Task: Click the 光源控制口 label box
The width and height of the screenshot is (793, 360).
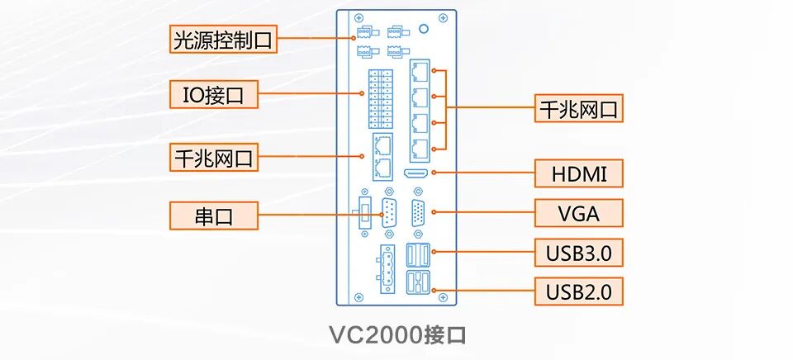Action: [222, 40]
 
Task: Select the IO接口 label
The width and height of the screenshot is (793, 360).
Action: [214, 94]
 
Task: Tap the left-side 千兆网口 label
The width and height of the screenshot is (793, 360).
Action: [214, 156]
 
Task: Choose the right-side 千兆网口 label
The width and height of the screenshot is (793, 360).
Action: [578, 109]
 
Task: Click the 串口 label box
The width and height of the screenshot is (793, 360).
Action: [214, 216]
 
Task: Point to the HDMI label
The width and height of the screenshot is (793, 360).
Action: [578, 173]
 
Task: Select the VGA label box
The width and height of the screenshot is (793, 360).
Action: [578, 213]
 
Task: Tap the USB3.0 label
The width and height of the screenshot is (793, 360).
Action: [578, 252]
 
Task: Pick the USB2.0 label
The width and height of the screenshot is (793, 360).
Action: [578, 291]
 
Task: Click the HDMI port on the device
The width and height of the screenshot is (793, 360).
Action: [415, 173]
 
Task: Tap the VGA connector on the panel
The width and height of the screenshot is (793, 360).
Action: [419, 212]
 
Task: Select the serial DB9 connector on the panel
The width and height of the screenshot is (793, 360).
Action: [388, 212]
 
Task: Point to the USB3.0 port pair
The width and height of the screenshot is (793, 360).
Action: [419, 253]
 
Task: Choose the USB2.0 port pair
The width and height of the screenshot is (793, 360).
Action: [419, 282]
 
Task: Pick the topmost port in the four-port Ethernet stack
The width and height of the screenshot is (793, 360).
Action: [420, 71]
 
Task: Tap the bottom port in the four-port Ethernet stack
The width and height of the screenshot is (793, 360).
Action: [420, 149]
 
